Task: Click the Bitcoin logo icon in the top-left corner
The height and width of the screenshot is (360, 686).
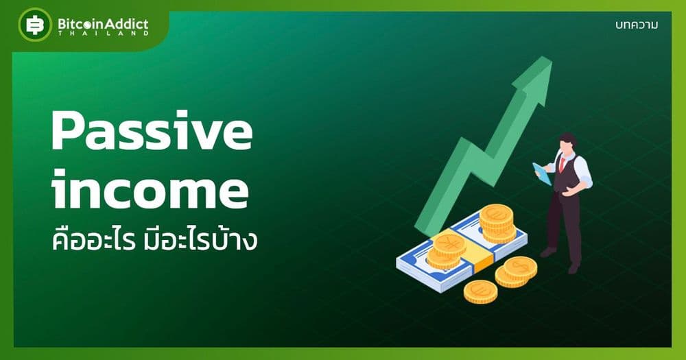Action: (x=35, y=25)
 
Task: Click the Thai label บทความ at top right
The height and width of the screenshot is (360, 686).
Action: (x=637, y=25)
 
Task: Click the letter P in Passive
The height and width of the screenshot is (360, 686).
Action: (x=69, y=131)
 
